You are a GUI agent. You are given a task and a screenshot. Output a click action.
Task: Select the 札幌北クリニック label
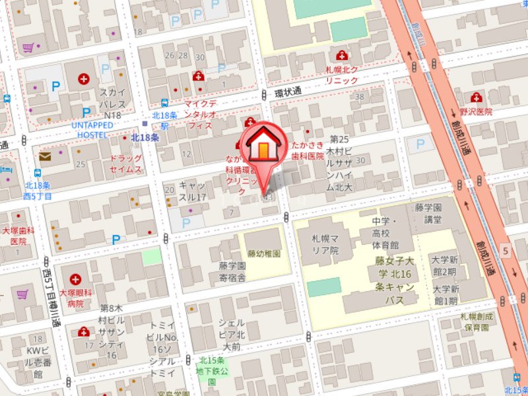click(x=341, y=75)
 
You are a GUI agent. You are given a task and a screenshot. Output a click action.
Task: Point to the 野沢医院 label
click(x=477, y=112)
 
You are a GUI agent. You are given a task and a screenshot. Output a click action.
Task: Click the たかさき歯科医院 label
click(x=308, y=150)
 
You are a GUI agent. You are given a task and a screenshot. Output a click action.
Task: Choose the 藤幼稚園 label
click(x=264, y=253)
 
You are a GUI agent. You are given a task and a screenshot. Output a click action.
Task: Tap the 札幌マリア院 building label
click(x=325, y=246)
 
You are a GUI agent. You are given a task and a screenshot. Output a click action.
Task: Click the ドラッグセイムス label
click(x=125, y=164)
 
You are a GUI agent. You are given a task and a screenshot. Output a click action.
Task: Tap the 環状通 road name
click(x=288, y=92)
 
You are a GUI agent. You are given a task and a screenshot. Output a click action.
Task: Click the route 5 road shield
click(x=504, y=251)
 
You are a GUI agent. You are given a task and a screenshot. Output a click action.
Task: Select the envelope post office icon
click(x=45, y=156)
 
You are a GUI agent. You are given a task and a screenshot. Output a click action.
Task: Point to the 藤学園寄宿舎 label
click(x=233, y=271)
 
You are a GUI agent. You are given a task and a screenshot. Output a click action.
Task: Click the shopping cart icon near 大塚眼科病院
click(x=22, y=294)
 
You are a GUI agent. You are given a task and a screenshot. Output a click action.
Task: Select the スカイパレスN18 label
click(x=110, y=104)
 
